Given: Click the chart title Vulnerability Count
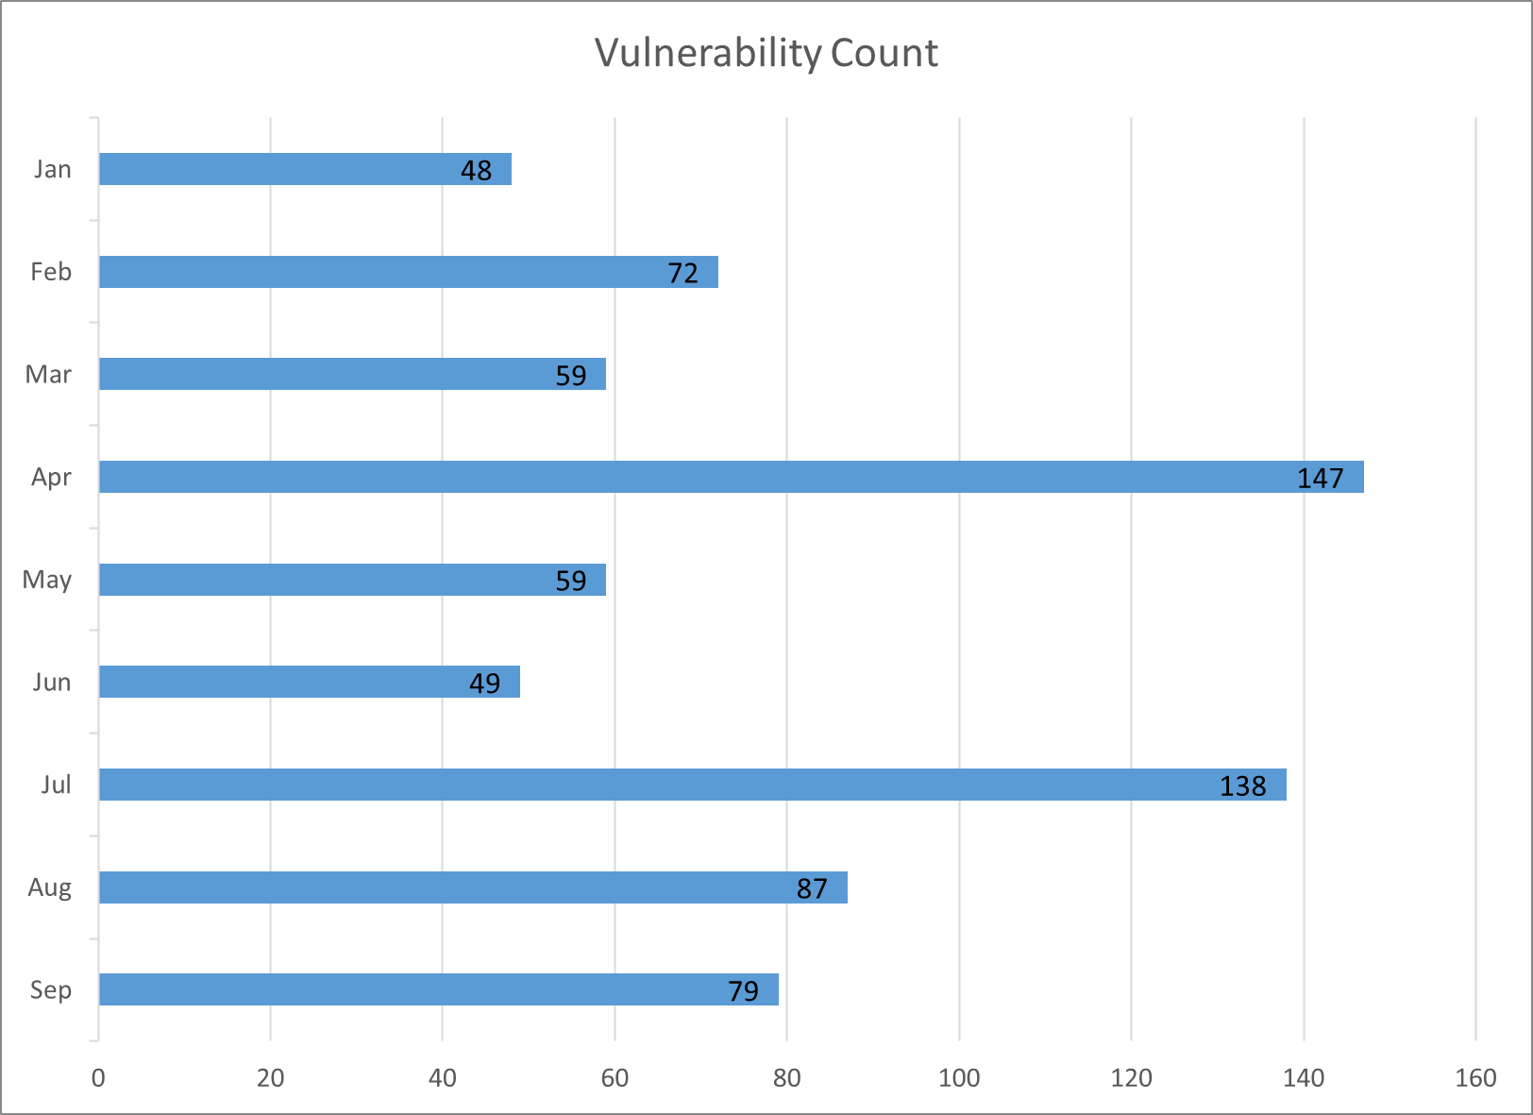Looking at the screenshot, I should click(766, 53).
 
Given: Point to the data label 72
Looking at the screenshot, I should click(682, 273).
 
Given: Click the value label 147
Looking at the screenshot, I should click(1320, 479).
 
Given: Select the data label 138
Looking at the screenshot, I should click(1242, 786).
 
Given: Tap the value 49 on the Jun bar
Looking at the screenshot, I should click(484, 683).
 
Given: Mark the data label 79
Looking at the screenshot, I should click(743, 990).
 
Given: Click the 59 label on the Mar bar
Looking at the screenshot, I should click(571, 376).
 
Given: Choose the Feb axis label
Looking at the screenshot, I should click(51, 272).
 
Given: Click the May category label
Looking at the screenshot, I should click(47, 580).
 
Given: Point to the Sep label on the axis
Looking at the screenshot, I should click(51, 990).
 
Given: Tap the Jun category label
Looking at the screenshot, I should click(52, 682).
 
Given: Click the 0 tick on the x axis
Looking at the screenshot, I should click(98, 1078).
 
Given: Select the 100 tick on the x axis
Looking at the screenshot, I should click(959, 1078).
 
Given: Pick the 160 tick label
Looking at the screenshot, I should click(1475, 1078).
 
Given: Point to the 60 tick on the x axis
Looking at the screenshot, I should click(615, 1078).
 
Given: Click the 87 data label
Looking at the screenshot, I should click(812, 888).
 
